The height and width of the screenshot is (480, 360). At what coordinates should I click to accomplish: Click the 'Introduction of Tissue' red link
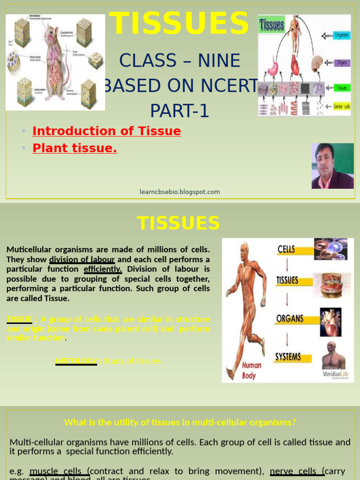106,131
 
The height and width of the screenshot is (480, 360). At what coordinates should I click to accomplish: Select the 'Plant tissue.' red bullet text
75,148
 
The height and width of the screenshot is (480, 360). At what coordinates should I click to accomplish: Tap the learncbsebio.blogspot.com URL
180,192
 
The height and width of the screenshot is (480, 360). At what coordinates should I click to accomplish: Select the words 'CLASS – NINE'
180,61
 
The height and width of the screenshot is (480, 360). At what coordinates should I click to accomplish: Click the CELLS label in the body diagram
286,249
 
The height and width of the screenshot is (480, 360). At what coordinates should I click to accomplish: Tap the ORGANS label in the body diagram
290,319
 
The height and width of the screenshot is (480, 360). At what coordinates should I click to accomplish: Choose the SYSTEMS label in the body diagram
288,357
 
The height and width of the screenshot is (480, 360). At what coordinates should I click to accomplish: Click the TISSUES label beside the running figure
287,280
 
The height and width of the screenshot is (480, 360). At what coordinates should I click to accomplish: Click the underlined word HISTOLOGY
76,361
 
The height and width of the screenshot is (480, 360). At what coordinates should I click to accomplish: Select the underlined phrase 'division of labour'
82,259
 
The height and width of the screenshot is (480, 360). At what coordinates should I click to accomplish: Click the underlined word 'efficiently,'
103,269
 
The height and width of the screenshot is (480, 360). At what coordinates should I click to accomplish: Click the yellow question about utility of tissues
180,422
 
